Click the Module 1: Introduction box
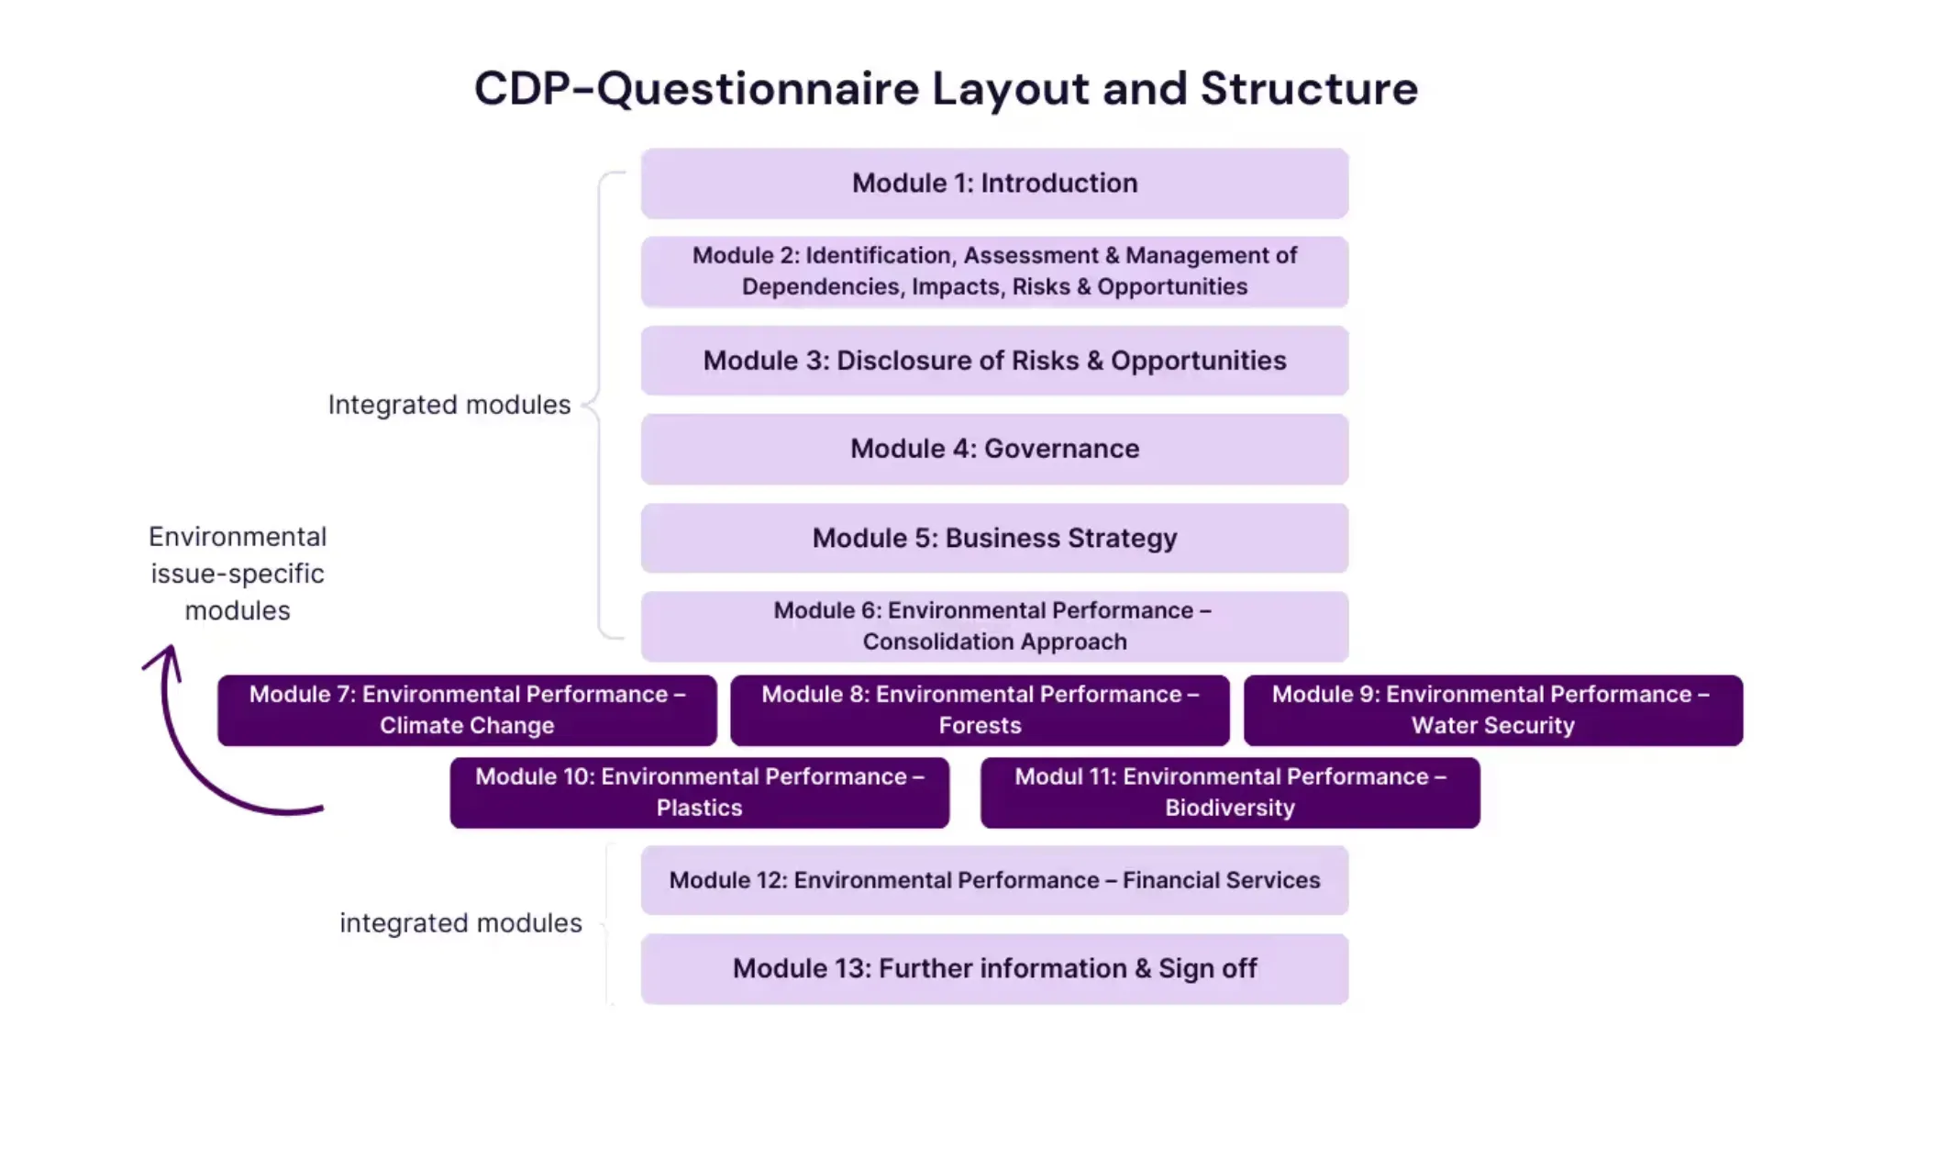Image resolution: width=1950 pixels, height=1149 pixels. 994,184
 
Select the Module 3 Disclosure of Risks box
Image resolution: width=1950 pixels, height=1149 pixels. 994,361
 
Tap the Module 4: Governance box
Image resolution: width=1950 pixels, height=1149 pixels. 994,449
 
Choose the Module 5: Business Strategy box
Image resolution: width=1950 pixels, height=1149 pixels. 994,538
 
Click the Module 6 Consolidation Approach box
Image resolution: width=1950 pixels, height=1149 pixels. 994,626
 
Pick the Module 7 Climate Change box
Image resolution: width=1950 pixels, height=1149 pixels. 467,710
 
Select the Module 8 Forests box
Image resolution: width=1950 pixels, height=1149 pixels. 980,710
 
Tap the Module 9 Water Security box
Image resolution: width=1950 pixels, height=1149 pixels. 1492,710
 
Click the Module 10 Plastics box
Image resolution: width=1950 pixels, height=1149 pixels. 699,792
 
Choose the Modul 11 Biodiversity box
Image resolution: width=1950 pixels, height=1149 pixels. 1229,792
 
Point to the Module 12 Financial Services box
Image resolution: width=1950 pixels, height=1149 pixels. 994,880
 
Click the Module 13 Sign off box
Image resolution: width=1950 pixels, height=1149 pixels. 994,969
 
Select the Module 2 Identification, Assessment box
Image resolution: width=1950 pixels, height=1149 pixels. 994,272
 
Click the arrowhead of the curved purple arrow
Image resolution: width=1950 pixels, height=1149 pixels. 167,655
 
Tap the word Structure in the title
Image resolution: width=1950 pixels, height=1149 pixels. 1308,89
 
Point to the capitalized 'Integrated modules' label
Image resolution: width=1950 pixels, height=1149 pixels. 449,405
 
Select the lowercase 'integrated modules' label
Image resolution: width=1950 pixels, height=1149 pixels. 460,923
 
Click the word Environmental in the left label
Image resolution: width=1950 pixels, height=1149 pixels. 238,537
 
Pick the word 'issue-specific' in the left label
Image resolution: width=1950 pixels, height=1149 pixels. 238,574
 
